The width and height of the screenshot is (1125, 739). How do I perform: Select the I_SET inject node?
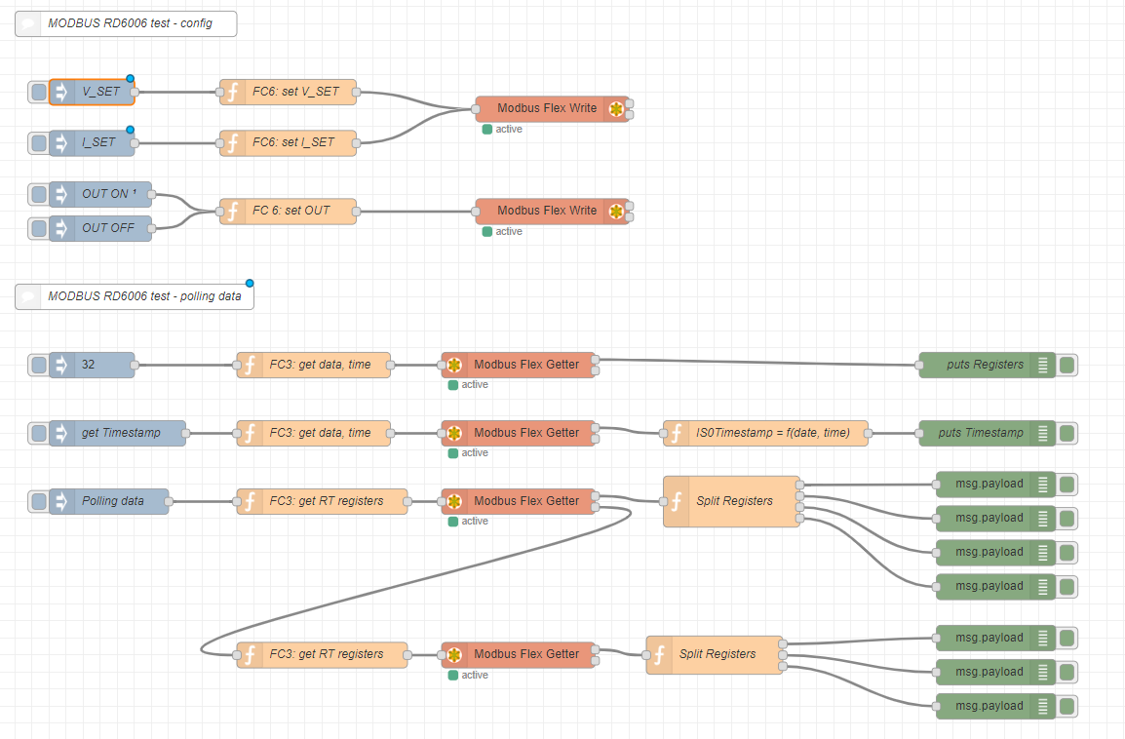(98, 142)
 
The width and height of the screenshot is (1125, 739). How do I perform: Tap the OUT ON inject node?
(107, 194)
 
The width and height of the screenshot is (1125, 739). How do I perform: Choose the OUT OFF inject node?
(107, 228)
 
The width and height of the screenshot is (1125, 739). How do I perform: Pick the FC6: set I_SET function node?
(293, 142)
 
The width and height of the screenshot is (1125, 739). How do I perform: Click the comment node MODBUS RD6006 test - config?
(126, 23)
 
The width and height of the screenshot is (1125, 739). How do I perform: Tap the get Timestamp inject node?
(121, 433)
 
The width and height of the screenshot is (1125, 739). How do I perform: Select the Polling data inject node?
(112, 501)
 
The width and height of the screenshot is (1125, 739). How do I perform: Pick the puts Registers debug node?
(985, 365)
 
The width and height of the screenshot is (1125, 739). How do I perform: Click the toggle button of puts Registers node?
(1067, 365)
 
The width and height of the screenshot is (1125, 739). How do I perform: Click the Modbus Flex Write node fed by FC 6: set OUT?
(547, 211)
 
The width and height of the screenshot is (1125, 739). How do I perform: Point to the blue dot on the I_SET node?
(130, 130)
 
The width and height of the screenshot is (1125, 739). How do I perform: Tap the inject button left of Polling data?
(39, 501)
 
